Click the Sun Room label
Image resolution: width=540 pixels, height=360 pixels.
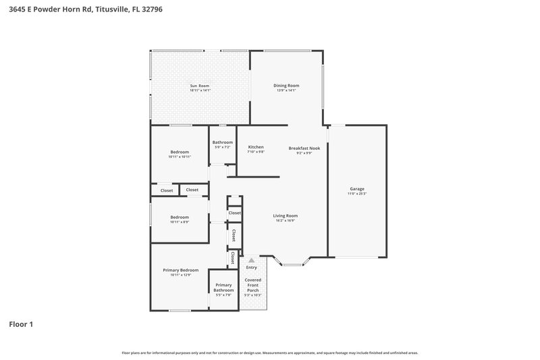pos(200,86)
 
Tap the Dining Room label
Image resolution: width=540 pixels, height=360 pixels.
pos(286,86)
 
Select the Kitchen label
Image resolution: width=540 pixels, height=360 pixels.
pos(256,147)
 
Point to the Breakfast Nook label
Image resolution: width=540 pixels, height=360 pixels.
pos(304,147)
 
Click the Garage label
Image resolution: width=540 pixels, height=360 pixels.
pos(357,188)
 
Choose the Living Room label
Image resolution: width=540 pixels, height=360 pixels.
pos(286,215)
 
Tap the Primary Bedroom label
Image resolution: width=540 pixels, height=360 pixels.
pos(180,270)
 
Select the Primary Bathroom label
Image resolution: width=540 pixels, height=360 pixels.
pos(223,287)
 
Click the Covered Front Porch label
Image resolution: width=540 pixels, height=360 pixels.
pos(252,284)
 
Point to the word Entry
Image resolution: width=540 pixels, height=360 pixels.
pos(252,267)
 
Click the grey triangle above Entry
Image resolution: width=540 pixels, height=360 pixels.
pos(252,260)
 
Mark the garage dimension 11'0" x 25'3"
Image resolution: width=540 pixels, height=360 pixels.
pos(357,194)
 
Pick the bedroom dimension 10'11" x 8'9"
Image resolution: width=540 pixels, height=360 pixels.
pos(180,221)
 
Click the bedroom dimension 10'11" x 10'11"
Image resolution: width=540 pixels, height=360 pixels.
pos(180,157)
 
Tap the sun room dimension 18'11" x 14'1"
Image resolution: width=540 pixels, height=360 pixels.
pos(200,91)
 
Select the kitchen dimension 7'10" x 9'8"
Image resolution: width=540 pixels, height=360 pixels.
pos(256,152)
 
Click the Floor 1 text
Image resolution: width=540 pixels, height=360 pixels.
pos(21,324)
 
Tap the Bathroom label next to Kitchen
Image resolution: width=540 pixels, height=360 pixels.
pos(222,143)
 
